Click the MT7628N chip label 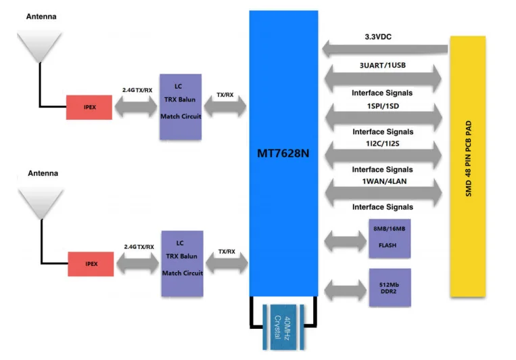[x=283, y=154]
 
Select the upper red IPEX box [x=89, y=108]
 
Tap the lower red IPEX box [x=91, y=264]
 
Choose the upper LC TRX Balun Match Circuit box [x=181, y=107]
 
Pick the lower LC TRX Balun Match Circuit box [x=183, y=263]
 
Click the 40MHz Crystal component [x=283, y=327]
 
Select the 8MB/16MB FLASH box [x=390, y=238]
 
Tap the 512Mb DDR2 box [x=390, y=288]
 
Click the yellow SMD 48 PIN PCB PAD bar [x=468, y=166]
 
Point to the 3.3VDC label [x=378, y=37]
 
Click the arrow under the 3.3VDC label [x=385, y=49]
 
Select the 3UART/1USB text [x=383, y=65]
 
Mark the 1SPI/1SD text [x=383, y=106]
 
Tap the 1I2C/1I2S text [x=383, y=143]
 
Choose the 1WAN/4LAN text [x=384, y=181]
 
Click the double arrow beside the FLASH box [x=345, y=241]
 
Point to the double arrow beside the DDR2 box [x=345, y=290]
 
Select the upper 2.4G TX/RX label [x=137, y=90]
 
